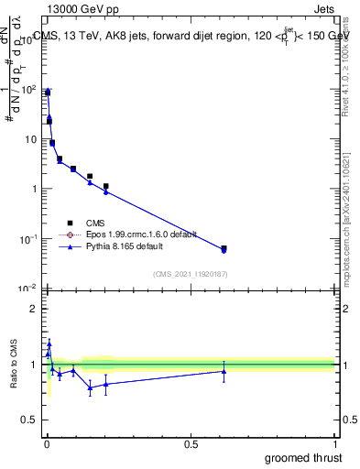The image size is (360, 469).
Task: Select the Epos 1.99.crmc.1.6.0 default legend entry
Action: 127,234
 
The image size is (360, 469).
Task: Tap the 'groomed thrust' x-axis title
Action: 304,457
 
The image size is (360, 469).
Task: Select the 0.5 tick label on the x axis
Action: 191,443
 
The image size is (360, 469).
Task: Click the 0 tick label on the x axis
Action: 47,443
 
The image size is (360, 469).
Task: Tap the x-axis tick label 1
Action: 334,443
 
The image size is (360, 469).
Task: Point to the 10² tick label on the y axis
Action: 28,89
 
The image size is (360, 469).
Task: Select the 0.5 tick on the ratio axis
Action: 31,420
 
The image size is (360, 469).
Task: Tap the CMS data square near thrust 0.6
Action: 224,248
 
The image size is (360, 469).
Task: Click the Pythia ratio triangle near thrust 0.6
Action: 224,370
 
